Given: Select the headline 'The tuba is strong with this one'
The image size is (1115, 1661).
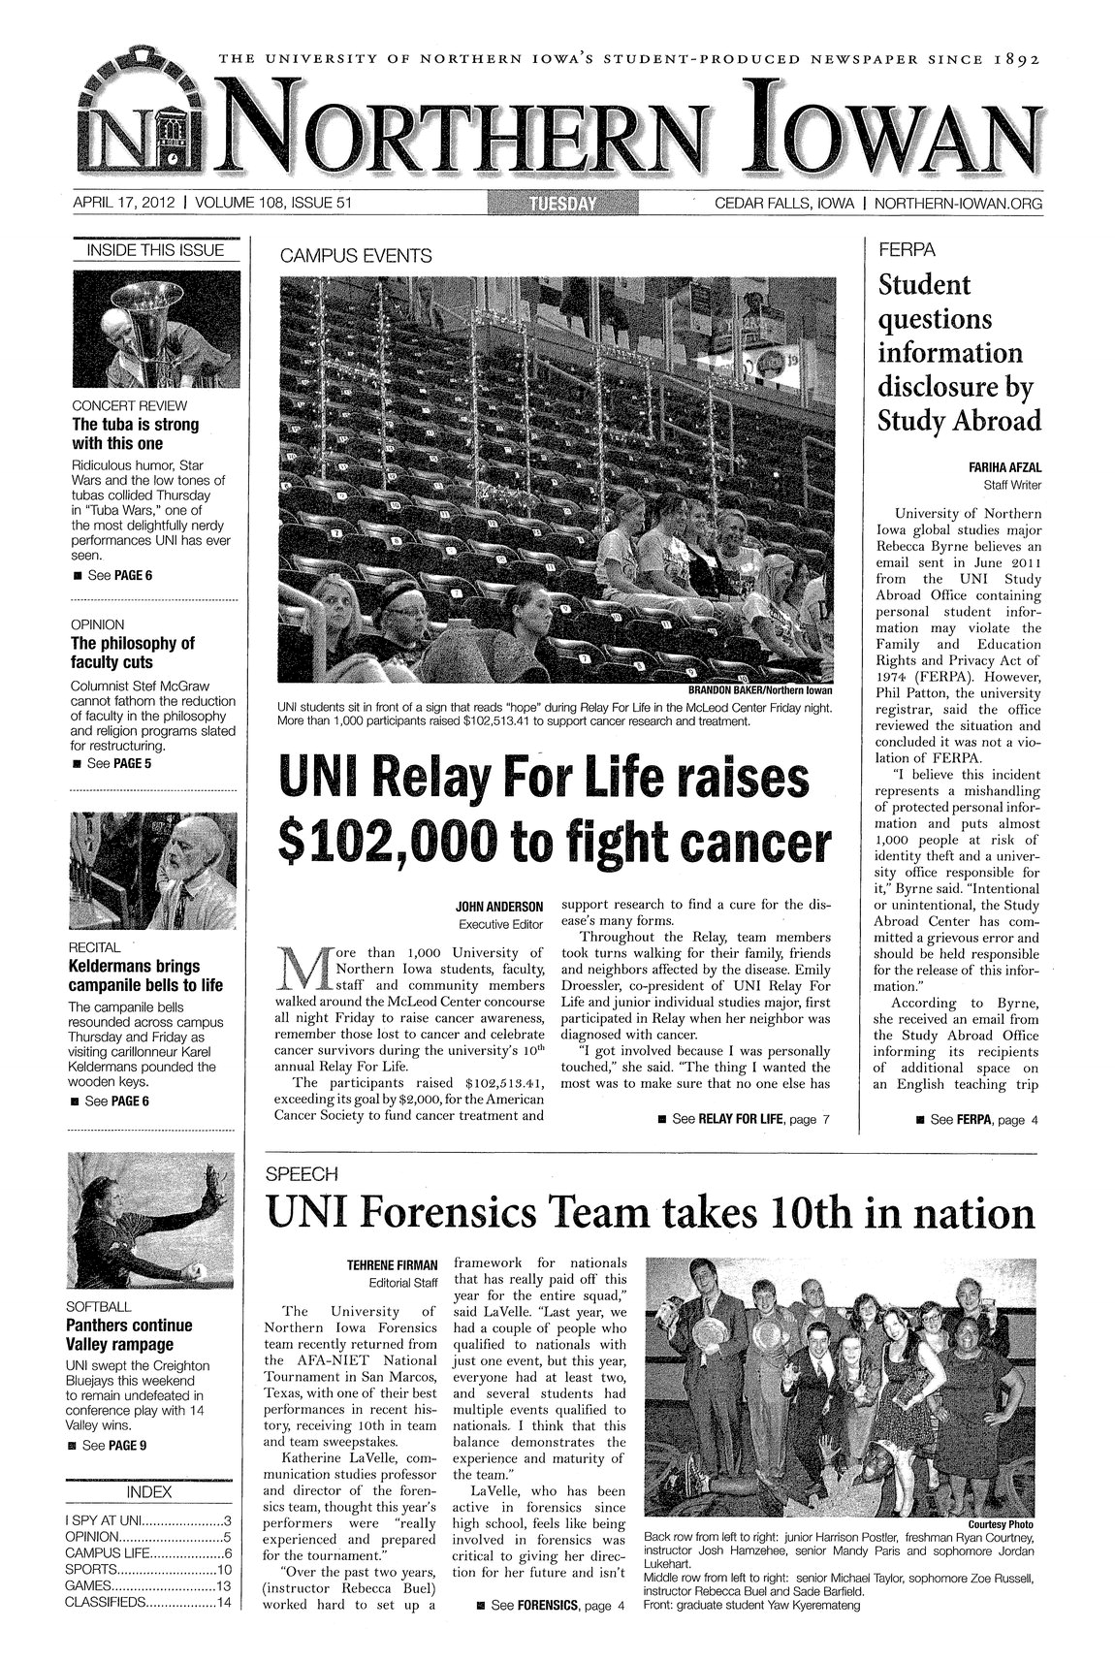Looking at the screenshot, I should (131, 434).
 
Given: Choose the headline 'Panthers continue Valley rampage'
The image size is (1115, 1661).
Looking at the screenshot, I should (127, 1335).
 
